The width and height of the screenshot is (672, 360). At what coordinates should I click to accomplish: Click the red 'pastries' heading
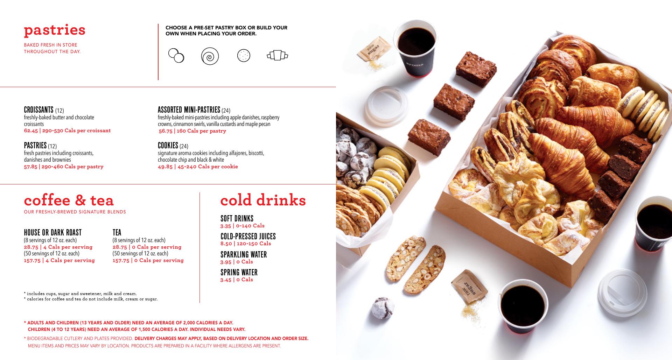pyautogui.click(x=55, y=30)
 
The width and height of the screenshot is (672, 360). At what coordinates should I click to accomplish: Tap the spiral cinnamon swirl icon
pyautogui.click(x=210, y=56)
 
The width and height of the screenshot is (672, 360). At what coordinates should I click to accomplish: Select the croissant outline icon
pyautogui.click(x=277, y=55)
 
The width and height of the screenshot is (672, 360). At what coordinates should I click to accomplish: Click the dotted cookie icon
pyautogui.click(x=244, y=55)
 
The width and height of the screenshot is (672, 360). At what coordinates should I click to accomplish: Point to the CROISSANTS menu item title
pyautogui.click(x=38, y=110)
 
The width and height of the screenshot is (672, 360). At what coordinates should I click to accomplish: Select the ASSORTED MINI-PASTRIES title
pyautogui.click(x=189, y=110)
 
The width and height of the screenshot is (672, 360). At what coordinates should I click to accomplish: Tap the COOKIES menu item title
pyautogui.click(x=168, y=145)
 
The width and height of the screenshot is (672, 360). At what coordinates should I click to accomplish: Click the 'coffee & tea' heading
pyautogui.click(x=69, y=200)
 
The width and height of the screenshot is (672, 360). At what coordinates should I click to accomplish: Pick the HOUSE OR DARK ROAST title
pyautogui.click(x=52, y=233)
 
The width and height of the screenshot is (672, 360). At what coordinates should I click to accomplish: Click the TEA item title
pyautogui.click(x=117, y=233)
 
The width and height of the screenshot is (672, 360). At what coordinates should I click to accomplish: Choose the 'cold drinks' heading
pyautogui.click(x=263, y=200)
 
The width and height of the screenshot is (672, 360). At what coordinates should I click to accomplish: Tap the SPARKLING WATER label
pyautogui.click(x=244, y=255)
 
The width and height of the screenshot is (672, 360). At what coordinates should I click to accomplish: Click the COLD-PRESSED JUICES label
pyautogui.click(x=248, y=237)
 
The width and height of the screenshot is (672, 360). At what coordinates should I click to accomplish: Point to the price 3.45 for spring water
pyautogui.click(x=226, y=280)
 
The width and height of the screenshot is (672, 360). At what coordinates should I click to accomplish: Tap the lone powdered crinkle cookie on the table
pyautogui.click(x=383, y=308)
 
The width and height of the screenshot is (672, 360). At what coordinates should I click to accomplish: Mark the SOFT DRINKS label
pyautogui.click(x=237, y=219)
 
